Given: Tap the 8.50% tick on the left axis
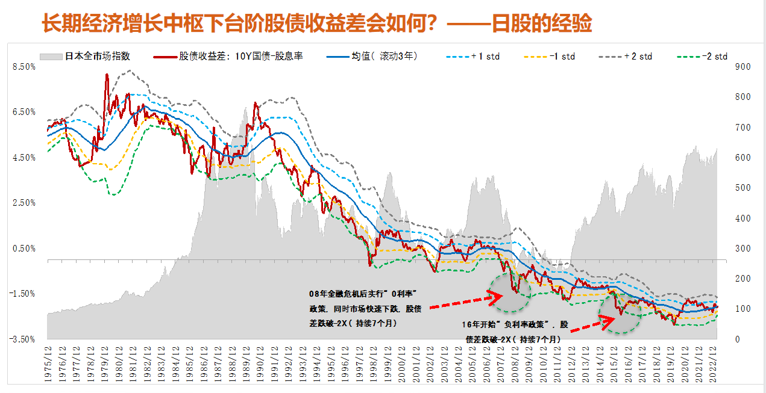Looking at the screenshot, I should [x=24, y=67].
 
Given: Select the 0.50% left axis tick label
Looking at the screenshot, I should [x=24, y=249].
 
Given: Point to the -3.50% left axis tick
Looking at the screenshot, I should [x=22, y=339].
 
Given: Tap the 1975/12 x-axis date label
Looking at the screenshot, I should [x=48, y=363].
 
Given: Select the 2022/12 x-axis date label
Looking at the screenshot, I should [x=714, y=363].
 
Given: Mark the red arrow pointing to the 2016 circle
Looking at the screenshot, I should [x=588, y=325].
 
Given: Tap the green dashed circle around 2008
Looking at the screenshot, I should [x=509, y=293].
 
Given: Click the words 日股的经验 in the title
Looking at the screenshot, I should [x=542, y=23].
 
